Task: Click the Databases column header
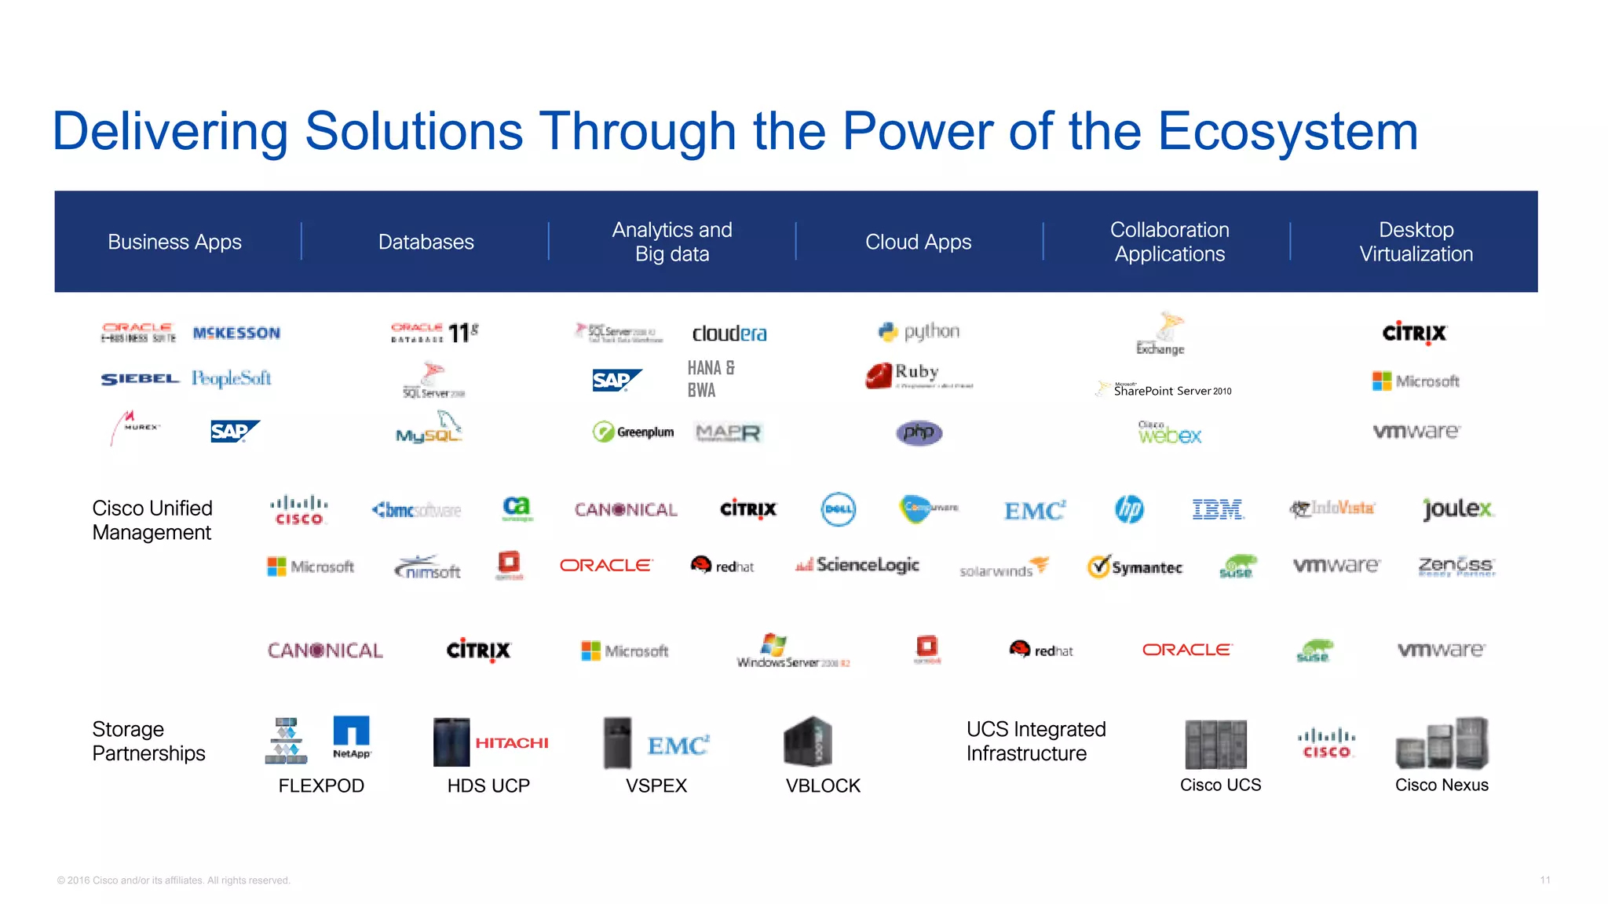coord(426,242)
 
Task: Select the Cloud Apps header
coord(918,242)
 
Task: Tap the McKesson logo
coord(236,333)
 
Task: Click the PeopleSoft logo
coord(232,379)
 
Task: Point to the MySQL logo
coord(429,428)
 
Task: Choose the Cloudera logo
coord(729,334)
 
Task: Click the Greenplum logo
coord(634,432)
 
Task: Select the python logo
coord(919,332)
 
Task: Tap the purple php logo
coord(919,432)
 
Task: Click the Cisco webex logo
coord(1169,432)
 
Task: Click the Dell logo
coord(838,509)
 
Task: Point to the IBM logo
coord(1217,509)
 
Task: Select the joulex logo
coord(1457,509)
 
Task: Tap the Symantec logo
coord(1135,567)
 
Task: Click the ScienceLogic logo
coord(857,565)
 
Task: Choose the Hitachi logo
coord(512,742)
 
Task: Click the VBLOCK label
coord(823,786)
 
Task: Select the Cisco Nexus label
coord(1442,785)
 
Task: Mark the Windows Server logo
coord(793,651)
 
